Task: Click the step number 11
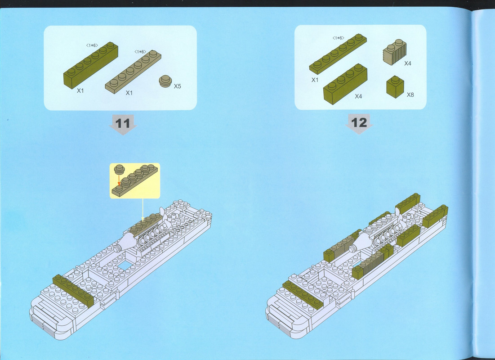tap(123, 123)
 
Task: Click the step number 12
tap(359, 123)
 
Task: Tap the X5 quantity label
tap(178, 86)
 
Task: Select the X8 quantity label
tap(410, 94)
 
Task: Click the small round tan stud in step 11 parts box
tap(165, 81)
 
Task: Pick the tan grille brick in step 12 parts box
tap(394, 52)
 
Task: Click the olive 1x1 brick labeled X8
tap(395, 87)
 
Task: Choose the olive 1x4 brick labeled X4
tap(345, 84)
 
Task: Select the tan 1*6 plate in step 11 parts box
tap(133, 72)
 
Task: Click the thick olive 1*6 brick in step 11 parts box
tap(91, 65)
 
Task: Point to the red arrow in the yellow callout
tap(119, 180)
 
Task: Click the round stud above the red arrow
tap(119, 170)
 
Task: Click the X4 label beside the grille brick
tap(408, 63)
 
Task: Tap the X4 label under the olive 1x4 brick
tap(358, 96)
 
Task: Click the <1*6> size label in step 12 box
tap(339, 38)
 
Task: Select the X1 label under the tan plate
tap(129, 93)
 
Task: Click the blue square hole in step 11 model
tap(125, 265)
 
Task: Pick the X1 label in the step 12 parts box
tap(315, 80)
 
